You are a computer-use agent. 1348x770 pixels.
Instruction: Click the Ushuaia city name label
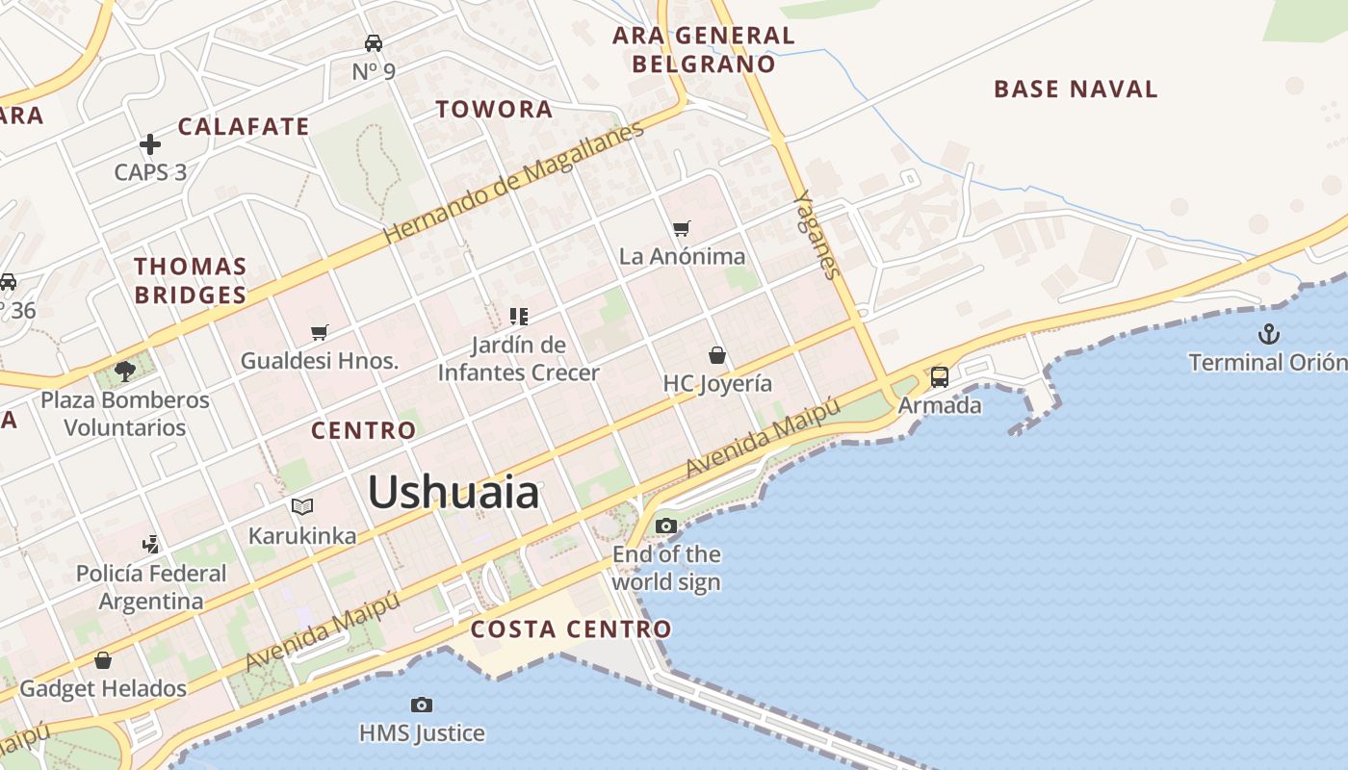pos(454,493)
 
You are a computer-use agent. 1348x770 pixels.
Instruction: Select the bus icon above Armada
pos(940,376)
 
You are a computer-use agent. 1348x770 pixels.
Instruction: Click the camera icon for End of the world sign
pos(665,526)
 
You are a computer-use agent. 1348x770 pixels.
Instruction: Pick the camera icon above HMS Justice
pos(421,705)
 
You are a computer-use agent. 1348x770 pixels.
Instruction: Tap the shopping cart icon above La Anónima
pos(682,228)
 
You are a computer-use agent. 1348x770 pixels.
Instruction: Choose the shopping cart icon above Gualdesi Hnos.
pos(320,332)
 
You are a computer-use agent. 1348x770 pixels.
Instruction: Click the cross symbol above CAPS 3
pos(150,144)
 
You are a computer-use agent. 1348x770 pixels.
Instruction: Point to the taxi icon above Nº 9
pos(374,42)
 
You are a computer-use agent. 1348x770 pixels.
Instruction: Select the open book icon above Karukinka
pos(302,506)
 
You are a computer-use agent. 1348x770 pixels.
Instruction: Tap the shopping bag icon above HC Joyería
pos(717,355)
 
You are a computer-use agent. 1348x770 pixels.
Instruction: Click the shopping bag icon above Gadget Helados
pos(103,660)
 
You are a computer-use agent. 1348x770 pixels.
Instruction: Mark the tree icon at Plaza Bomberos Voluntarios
pos(124,371)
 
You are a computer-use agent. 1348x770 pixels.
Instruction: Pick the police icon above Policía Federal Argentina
pos(151,544)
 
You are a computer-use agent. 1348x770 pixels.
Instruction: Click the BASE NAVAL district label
pos(1076,90)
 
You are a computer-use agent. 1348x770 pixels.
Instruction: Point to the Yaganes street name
pos(817,234)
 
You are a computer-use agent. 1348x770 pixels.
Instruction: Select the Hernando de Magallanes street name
pos(513,182)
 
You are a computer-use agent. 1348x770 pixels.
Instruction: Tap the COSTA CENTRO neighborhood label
pos(571,629)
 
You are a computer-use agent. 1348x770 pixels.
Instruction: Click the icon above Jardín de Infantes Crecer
pos(519,316)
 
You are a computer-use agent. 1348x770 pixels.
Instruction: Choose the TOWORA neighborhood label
pos(495,109)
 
